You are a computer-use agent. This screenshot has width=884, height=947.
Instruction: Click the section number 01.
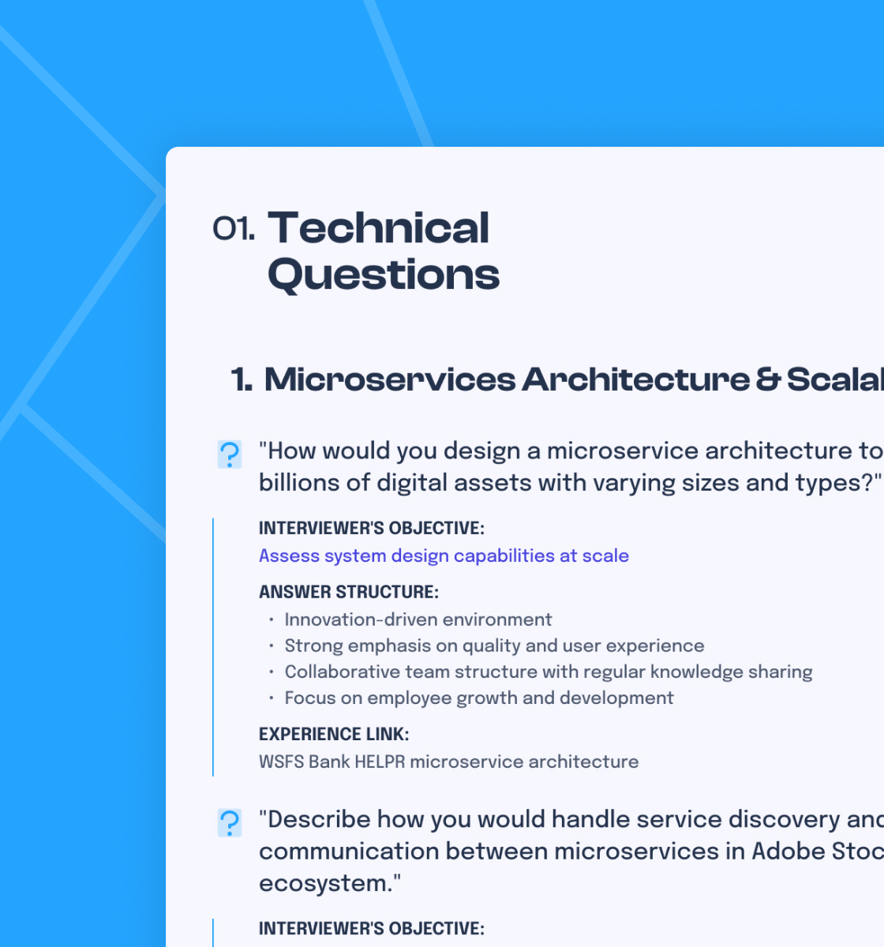coord(233,229)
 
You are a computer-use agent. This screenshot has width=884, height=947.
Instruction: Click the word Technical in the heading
coord(379,228)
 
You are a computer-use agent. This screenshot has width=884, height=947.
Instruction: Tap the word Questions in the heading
coord(384,275)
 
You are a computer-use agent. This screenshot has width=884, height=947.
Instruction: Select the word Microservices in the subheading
coord(389,380)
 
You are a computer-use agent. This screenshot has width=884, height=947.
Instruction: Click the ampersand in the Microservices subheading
coord(768,380)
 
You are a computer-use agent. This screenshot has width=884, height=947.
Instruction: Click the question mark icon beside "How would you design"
coord(230,455)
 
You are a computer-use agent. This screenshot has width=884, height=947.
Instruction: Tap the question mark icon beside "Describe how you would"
coord(230,823)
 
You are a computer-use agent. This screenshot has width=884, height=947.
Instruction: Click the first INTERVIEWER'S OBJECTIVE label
coord(371,528)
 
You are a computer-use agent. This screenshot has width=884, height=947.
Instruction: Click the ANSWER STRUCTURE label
coord(348,592)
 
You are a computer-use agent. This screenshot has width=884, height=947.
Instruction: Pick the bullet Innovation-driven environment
coord(418,619)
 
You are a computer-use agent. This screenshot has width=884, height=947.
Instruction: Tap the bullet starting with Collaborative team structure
coord(548,672)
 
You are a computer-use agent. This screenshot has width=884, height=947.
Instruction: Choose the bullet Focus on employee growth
coord(478,698)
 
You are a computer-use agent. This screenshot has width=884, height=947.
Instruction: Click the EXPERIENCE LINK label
coord(333,734)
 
